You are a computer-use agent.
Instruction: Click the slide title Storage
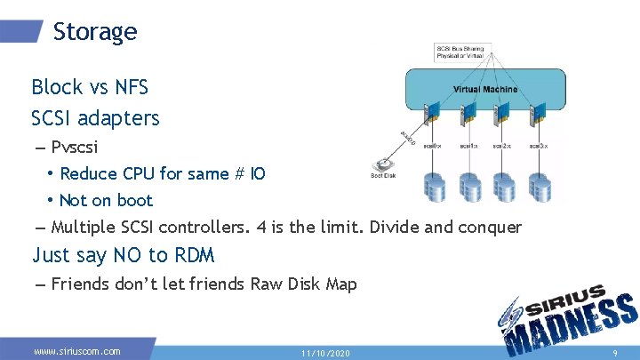tap(95, 32)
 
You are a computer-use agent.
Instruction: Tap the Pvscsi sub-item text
tap(75, 147)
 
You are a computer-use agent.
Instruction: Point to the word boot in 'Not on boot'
tap(133, 200)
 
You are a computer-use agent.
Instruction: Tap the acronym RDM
tap(195, 255)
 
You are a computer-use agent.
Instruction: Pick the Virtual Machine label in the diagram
tap(485, 89)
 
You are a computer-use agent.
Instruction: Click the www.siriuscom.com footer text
tap(77, 351)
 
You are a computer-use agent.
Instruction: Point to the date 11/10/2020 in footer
tap(325, 353)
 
